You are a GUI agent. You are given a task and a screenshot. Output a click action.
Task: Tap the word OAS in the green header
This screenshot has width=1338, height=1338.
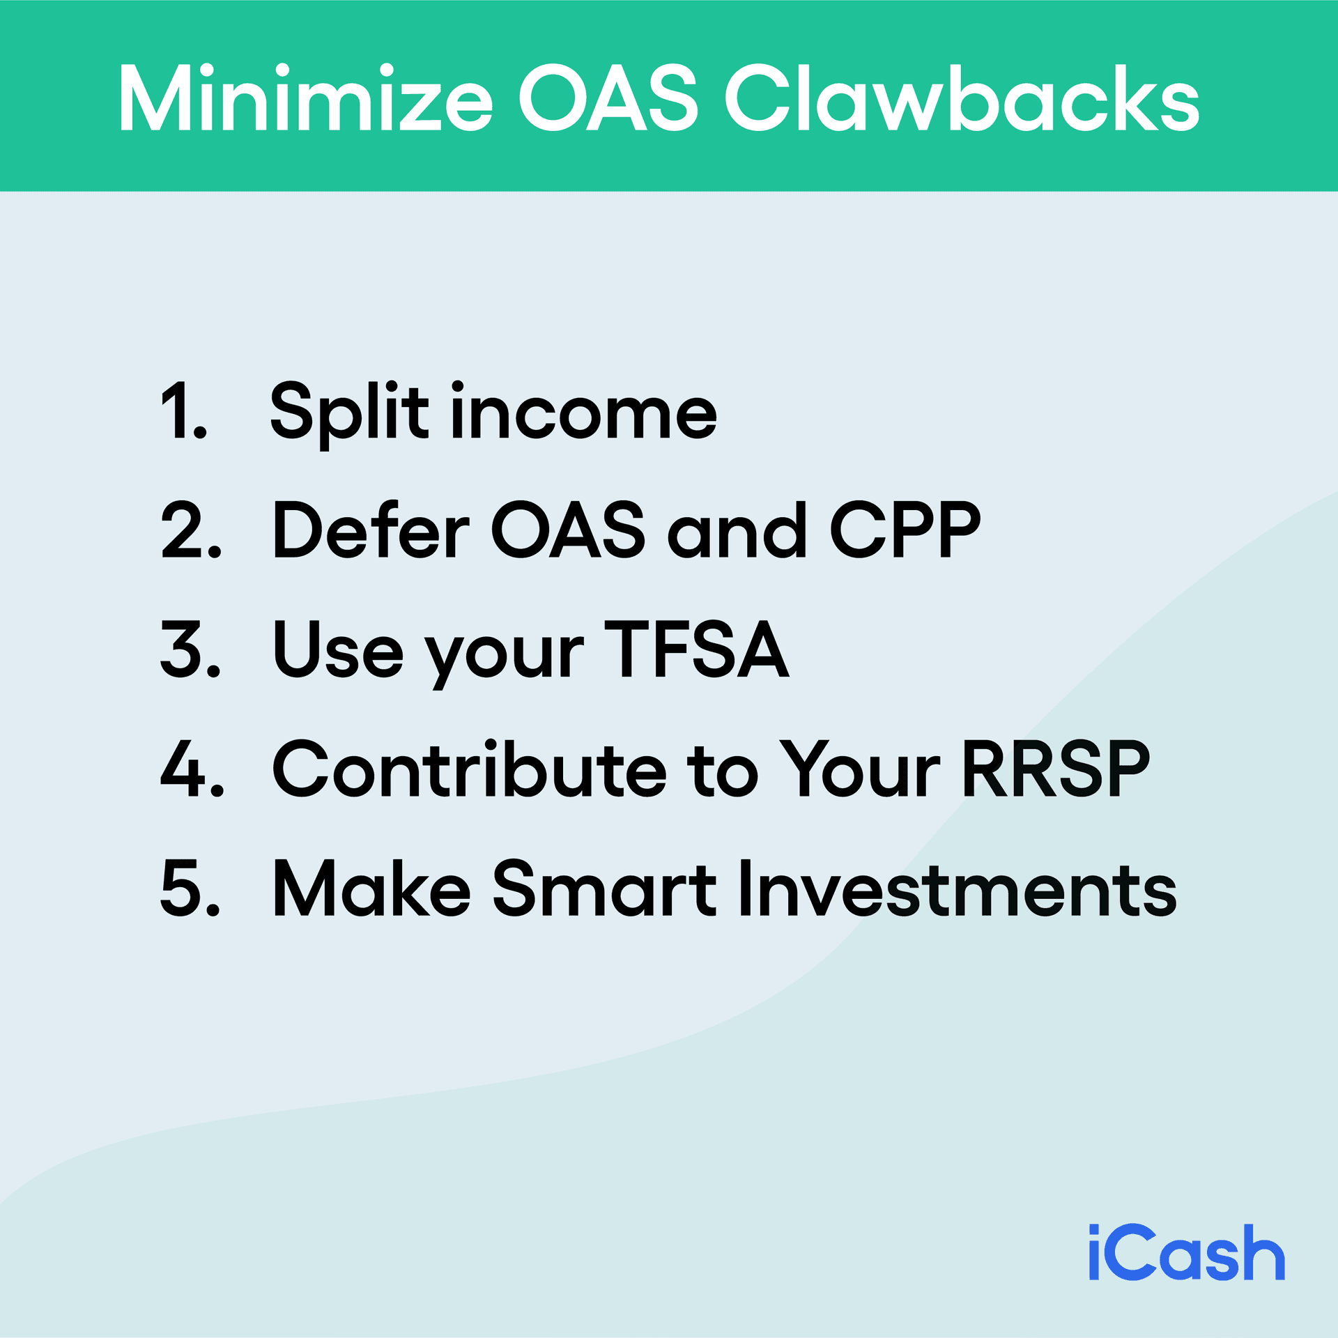click(608, 98)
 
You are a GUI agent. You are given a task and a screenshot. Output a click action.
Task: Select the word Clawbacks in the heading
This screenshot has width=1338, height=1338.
click(962, 98)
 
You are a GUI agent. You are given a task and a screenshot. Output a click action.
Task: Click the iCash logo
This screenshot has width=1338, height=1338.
click(1186, 1253)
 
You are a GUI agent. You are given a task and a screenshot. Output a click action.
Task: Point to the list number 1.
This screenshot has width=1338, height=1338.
click(183, 411)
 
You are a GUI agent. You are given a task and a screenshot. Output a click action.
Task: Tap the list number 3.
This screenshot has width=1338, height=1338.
click(190, 649)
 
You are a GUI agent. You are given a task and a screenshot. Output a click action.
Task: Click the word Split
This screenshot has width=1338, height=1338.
click(349, 413)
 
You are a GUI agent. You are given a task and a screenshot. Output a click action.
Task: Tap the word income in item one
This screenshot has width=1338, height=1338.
click(584, 413)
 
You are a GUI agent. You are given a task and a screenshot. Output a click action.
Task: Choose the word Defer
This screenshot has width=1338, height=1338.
click(371, 530)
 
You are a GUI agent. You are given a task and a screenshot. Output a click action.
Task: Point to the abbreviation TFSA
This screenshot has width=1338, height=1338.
click(696, 649)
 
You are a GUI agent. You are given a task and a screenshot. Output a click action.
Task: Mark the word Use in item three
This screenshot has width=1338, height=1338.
click(338, 650)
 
